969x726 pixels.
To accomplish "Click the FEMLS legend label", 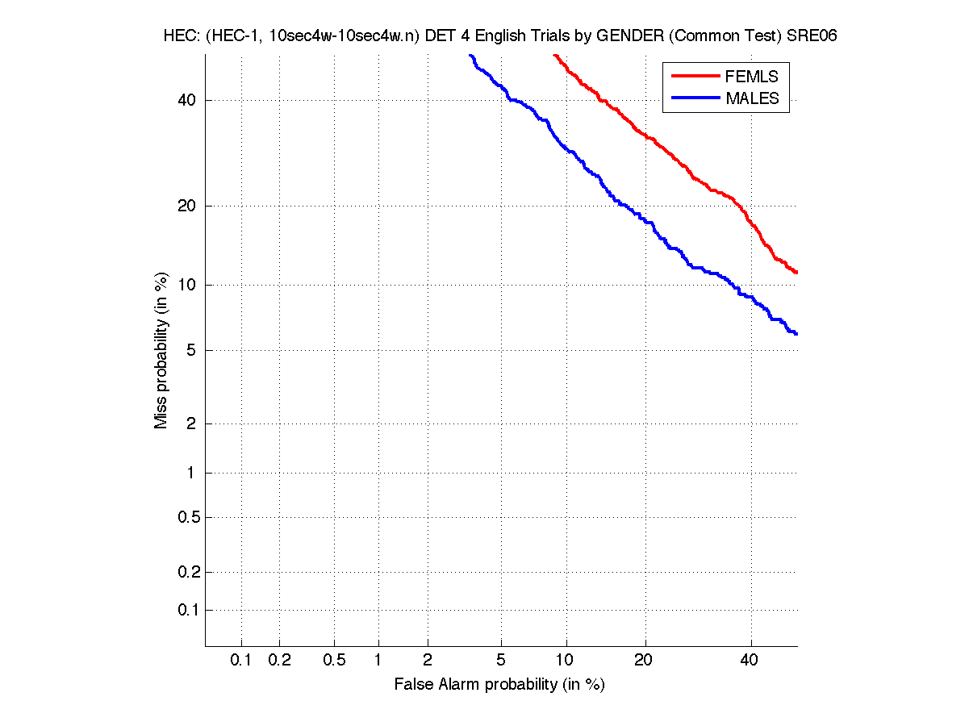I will point(752,77).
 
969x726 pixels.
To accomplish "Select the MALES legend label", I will point(753,98).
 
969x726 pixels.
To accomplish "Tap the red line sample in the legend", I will point(695,76).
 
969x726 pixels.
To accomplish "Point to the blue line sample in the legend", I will point(695,98).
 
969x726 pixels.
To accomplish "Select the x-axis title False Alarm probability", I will point(499,685).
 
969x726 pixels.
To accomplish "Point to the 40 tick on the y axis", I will point(186,100).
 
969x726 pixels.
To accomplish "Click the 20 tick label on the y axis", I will point(186,206).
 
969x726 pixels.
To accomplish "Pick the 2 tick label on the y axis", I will point(191,423).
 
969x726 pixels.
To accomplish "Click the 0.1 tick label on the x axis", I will point(241,660).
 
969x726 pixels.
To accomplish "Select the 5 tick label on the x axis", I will point(501,660).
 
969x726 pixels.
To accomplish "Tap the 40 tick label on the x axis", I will point(750,660).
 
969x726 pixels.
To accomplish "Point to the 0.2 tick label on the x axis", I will point(279,660).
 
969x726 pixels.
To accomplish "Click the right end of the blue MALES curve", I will point(796,333).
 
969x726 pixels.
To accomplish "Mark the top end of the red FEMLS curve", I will point(554,55).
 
